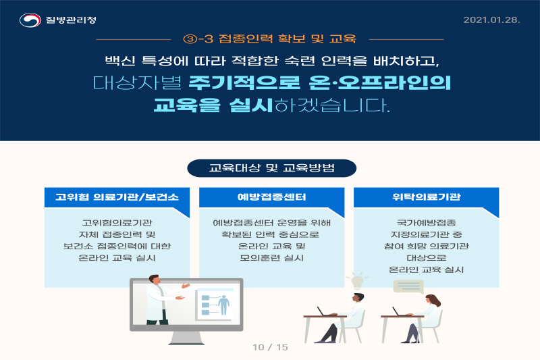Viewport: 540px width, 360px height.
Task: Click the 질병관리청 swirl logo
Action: (x=30, y=20)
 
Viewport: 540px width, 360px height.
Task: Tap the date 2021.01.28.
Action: (x=491, y=20)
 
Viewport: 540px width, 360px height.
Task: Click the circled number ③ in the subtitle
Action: (x=190, y=39)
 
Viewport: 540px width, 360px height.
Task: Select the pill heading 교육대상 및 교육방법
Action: (x=272, y=168)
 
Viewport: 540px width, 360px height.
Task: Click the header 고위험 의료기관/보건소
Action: (x=117, y=197)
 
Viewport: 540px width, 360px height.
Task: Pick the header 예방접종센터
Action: (x=272, y=197)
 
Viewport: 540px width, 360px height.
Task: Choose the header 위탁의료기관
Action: (x=427, y=197)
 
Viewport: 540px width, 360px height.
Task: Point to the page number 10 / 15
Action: (x=271, y=347)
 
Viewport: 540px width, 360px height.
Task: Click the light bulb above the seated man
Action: (x=357, y=282)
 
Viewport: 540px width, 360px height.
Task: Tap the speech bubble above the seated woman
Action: (x=408, y=286)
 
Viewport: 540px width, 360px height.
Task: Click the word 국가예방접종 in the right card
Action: (x=427, y=222)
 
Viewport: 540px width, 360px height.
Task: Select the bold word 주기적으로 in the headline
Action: (x=244, y=82)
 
